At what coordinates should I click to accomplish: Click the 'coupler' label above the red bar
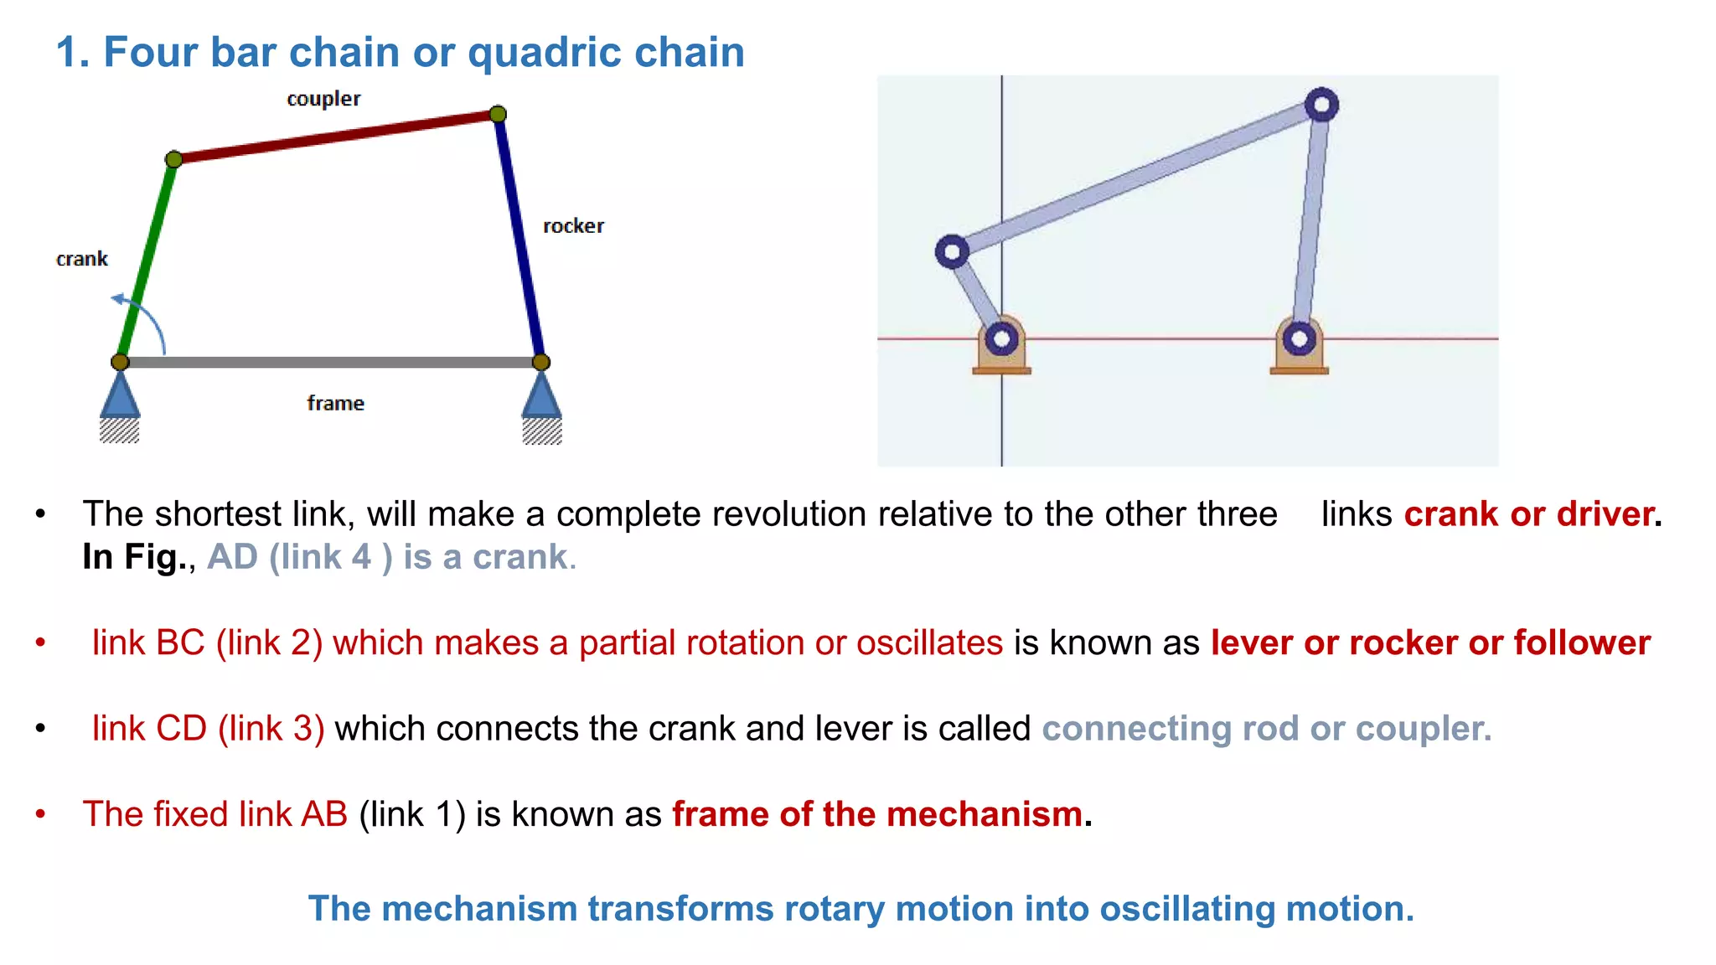(323, 99)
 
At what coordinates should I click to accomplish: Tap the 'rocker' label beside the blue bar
(573, 226)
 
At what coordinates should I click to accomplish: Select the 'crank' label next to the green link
(82, 259)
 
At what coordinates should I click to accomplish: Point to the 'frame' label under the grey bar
(335, 403)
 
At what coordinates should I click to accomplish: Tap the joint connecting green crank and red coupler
(174, 159)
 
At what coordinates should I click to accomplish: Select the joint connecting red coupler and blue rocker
(498, 114)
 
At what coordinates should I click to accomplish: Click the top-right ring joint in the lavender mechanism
(1321, 106)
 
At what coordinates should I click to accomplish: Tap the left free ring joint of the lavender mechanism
(952, 251)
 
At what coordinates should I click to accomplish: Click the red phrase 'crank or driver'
(1529, 514)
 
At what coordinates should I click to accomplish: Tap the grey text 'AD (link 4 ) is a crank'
(390, 557)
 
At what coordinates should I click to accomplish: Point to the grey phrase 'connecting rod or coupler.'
(1266, 729)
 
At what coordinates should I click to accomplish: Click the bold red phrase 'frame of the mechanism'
(877, 814)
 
